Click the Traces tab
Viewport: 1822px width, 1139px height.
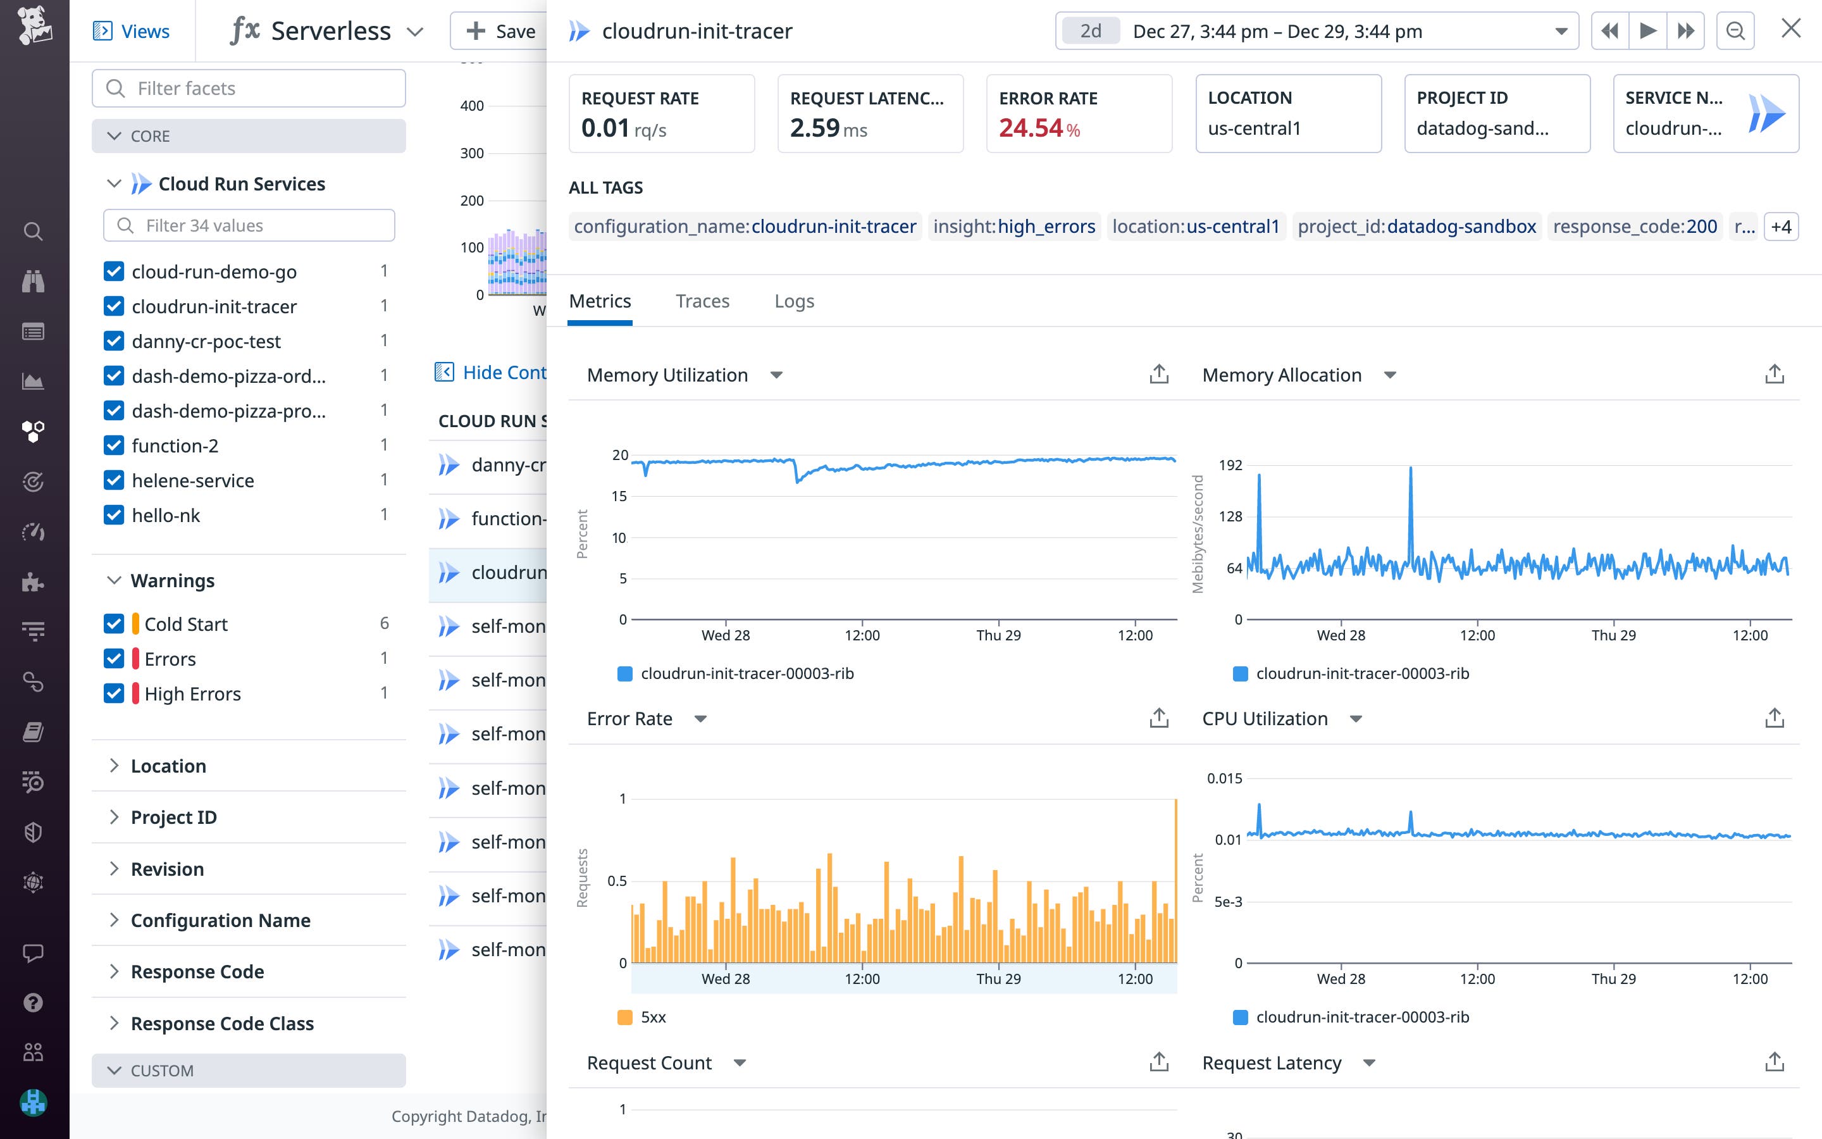[x=702, y=301]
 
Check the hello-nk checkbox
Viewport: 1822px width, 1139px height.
[x=114, y=515]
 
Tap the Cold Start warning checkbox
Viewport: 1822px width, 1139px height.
[x=114, y=624]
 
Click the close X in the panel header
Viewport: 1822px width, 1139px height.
[x=1790, y=29]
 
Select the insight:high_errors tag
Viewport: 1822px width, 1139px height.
[x=1013, y=227]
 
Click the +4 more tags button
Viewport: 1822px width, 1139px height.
[x=1781, y=227]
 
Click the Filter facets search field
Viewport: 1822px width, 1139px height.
[x=249, y=89]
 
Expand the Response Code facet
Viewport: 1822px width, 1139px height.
[x=197, y=972]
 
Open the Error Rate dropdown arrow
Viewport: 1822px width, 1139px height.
[x=700, y=719]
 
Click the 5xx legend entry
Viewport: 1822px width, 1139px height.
[x=652, y=1018]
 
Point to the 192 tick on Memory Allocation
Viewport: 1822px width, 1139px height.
[x=1230, y=466]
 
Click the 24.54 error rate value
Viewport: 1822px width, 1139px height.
[x=1030, y=128]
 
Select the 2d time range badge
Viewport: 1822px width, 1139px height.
[x=1090, y=31]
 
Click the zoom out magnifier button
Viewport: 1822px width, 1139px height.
[x=1735, y=31]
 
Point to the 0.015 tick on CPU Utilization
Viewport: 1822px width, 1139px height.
[x=1224, y=778]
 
